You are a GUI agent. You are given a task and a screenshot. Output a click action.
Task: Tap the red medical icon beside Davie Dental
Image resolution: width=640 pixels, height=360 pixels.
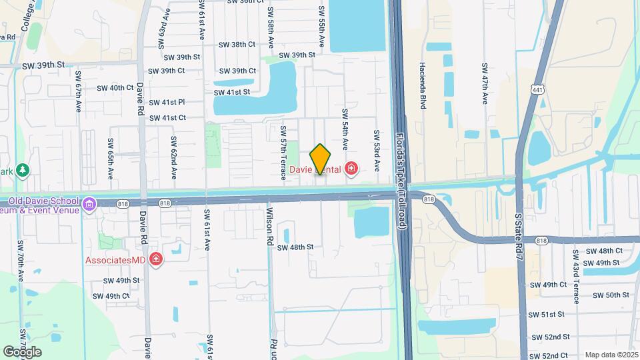[x=351, y=169]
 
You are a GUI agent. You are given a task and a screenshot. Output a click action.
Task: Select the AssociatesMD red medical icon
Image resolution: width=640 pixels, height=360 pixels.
[x=156, y=259]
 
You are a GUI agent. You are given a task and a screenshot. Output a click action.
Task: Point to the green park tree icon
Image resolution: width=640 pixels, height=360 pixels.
[x=23, y=171]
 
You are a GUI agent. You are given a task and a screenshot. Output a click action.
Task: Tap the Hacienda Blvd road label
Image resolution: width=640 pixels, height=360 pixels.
[x=423, y=85]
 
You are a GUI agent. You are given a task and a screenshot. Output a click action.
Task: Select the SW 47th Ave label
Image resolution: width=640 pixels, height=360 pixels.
[x=485, y=85]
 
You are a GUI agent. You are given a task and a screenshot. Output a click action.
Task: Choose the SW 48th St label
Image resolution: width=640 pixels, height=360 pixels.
[x=295, y=247]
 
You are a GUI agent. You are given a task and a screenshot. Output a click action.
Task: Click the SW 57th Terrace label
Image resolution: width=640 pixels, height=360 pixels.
[x=283, y=153]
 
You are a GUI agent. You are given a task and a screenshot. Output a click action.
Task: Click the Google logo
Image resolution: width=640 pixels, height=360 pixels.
[x=22, y=351]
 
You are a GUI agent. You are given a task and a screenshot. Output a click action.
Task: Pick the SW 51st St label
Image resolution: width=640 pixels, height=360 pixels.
[x=547, y=314]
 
